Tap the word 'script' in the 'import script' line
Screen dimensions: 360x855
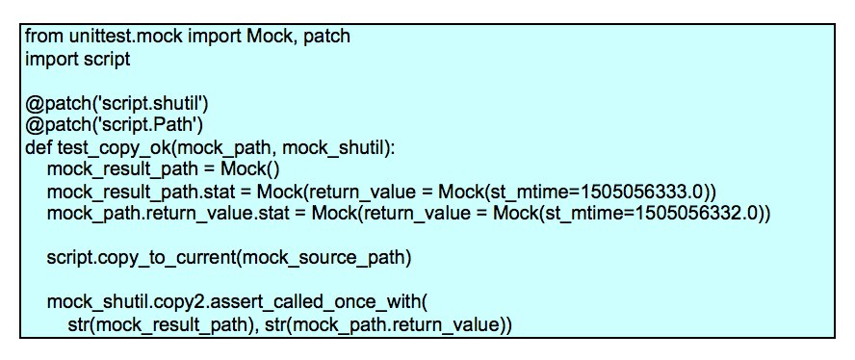106,58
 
